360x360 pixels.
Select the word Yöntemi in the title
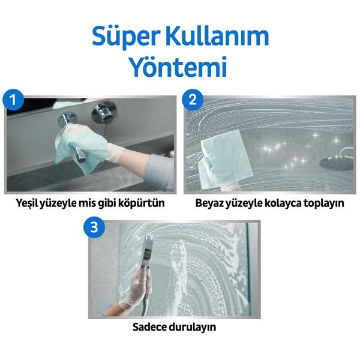pyautogui.click(x=179, y=67)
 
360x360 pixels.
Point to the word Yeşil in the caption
pyautogui.click(x=29, y=203)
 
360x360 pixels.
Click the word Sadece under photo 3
pyautogui.click(x=151, y=328)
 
